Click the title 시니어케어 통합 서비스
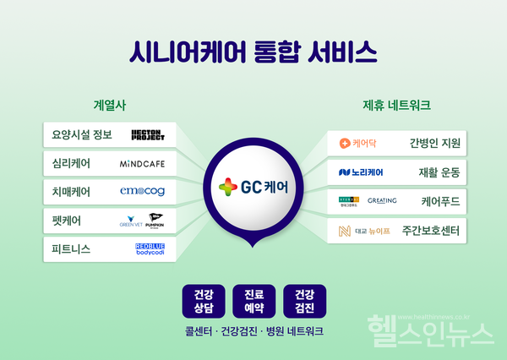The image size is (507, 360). pos(253,53)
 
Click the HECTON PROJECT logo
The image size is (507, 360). pos(153,134)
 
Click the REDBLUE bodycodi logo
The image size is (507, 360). pos(150,249)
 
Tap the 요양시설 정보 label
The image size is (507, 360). pos(83,134)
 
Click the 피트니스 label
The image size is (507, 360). pos(71,249)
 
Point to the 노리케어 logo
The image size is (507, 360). pos(361,172)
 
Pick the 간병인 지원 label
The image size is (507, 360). pos(434,143)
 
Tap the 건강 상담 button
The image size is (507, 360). pos(203,300)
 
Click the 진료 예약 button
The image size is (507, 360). pos(253,300)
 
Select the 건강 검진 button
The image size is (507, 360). pos(304,300)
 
